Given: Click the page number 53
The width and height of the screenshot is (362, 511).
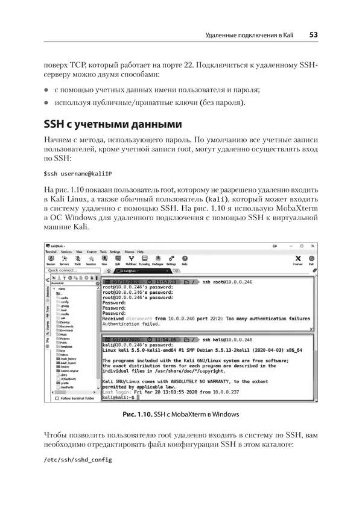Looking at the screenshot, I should (x=314, y=35).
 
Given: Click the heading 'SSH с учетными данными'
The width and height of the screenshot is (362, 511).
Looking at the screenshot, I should (x=113, y=125).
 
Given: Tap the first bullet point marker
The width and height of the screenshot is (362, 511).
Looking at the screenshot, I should (x=46, y=89).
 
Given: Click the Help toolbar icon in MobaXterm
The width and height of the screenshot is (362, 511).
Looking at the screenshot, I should (x=185, y=261).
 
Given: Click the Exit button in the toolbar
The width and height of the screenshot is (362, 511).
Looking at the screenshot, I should (x=311, y=261).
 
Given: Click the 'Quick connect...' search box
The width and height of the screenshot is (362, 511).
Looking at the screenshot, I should (x=69, y=271).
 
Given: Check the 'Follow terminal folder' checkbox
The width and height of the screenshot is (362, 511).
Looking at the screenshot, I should (x=58, y=399).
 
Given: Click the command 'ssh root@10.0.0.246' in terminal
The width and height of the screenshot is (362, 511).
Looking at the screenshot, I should (x=228, y=282).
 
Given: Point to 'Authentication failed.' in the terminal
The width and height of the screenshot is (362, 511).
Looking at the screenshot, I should (x=139, y=324).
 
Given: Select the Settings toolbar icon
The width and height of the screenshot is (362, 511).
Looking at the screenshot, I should (x=171, y=261).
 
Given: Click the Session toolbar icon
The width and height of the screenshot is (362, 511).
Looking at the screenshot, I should (x=51, y=261).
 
